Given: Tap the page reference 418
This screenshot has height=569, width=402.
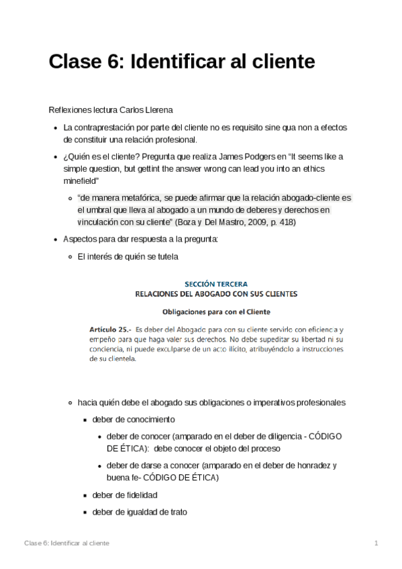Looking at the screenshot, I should (x=285, y=222).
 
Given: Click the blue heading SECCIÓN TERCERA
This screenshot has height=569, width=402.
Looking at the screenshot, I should (x=216, y=284).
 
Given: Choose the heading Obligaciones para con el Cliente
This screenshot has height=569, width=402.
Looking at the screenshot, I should (x=216, y=311).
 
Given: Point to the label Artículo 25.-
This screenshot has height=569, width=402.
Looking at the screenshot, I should (x=110, y=329).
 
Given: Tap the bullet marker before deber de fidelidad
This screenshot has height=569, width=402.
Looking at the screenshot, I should (x=85, y=495).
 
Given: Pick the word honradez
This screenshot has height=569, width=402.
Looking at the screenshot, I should (x=307, y=466).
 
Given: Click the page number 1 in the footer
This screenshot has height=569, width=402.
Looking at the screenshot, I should (x=376, y=543).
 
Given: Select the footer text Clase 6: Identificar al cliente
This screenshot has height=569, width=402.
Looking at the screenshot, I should (x=66, y=543).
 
